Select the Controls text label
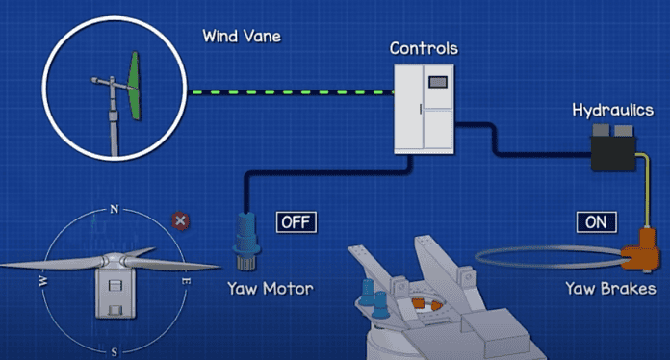pos(424,47)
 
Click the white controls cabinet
pos(424,108)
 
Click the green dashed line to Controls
pos(289,92)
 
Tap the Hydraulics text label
pos(613,111)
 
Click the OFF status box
pos(296,222)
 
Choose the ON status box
pos(596,222)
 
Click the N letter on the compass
pos(114,209)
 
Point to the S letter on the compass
pos(115,352)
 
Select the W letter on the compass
pos(42,281)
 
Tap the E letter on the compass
pos(186,281)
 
